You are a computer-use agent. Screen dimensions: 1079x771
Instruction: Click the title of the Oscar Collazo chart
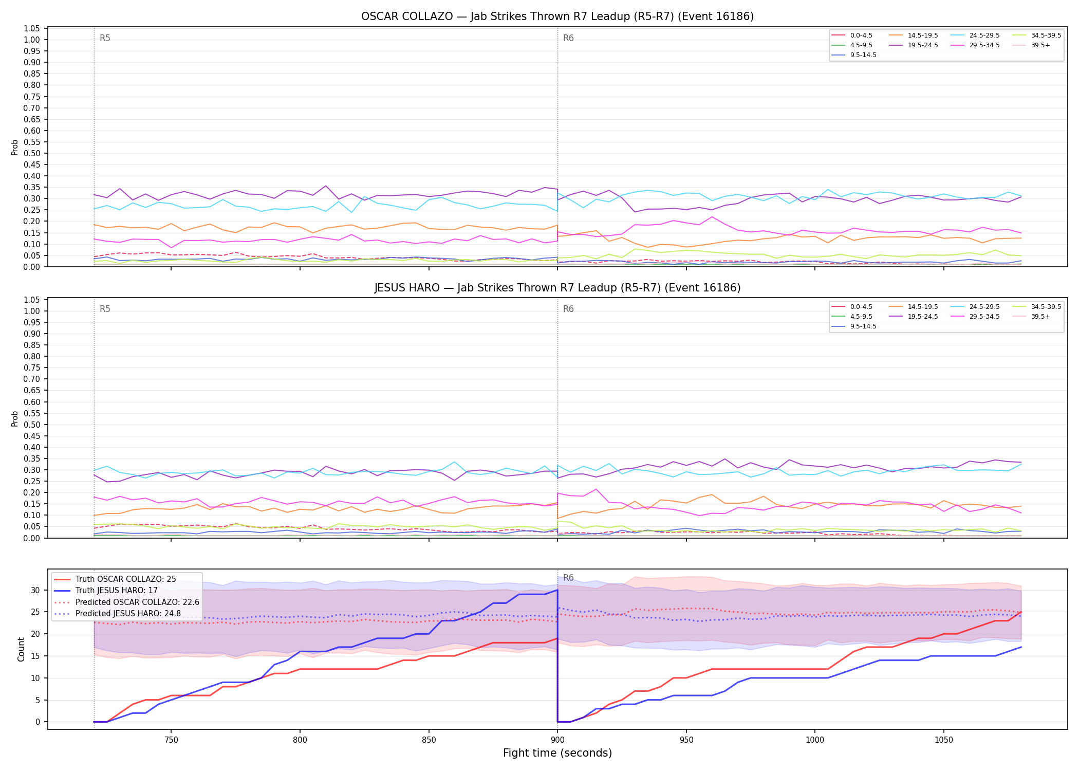pos(557,16)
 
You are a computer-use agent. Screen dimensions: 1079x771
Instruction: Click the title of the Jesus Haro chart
pos(557,288)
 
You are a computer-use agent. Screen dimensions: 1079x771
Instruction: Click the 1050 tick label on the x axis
pos(943,740)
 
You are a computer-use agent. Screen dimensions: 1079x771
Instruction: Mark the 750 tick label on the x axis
pos(171,740)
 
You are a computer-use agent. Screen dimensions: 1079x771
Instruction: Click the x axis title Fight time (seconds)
pos(557,753)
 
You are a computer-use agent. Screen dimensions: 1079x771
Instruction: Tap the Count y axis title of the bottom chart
pos(21,649)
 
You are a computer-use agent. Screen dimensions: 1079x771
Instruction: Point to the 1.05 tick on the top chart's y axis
pos(32,28)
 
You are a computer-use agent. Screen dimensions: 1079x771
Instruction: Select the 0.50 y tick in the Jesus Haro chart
pos(32,425)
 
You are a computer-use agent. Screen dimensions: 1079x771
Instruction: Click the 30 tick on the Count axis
pos(35,590)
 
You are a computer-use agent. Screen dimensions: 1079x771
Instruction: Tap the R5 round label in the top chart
pos(105,38)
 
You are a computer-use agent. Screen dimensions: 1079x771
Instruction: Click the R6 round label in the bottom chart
pos(568,578)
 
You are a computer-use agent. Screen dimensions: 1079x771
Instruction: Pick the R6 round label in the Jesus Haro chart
pos(568,309)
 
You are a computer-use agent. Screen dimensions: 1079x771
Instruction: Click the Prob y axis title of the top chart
pos(15,147)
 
